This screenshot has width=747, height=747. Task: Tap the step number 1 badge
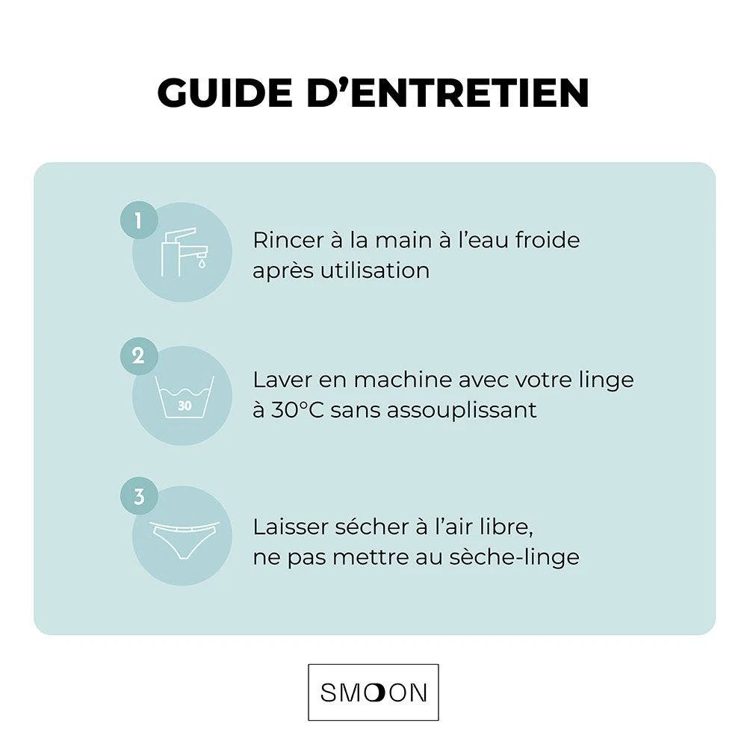[138, 220]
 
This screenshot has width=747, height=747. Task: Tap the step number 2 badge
[138, 356]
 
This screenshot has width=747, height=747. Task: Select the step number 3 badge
[138, 497]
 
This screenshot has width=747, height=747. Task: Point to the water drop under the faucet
[201, 263]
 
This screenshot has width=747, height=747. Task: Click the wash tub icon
[184, 396]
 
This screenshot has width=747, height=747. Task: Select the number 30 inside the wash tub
[185, 406]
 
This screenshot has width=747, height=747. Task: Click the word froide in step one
[548, 241]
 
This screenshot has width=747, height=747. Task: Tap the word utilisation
[375, 270]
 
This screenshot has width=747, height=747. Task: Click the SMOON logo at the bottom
[373, 692]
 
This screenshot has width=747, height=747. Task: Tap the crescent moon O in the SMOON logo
[376, 692]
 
